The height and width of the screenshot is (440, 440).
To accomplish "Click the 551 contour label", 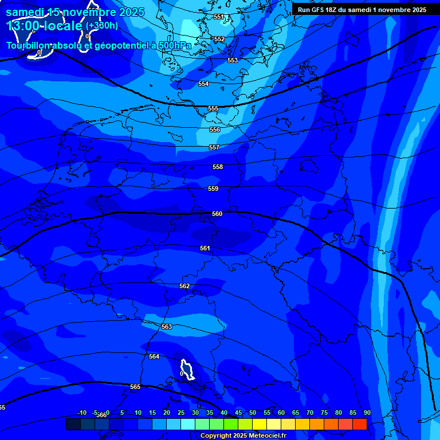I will pyautogui.click(x=218, y=17).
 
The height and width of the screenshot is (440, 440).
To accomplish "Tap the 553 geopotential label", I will pyautogui.click(x=232, y=60).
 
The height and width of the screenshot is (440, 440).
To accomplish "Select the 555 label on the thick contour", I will pyautogui.click(x=213, y=108).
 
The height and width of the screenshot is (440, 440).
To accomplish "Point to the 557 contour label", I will pyautogui.click(x=214, y=148).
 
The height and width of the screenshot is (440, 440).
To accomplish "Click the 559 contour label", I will pyautogui.click(x=213, y=188).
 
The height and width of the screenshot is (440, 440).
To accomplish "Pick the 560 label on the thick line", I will pyautogui.click(x=217, y=214).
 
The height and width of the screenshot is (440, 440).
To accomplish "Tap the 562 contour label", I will pyautogui.click(x=184, y=286).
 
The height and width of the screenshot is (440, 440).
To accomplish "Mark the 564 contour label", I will pyautogui.click(x=154, y=356).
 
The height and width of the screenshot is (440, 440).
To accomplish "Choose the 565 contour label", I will pyautogui.click(x=135, y=387).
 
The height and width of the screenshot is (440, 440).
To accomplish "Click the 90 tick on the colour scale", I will pyautogui.click(x=367, y=412).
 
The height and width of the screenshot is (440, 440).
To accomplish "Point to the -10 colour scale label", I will pyautogui.click(x=81, y=412).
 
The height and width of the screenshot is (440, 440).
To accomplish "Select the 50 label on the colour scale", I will pyautogui.click(x=253, y=412).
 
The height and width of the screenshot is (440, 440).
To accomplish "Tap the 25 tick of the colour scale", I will pyautogui.click(x=181, y=412).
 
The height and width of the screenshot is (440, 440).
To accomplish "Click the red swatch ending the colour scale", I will pyautogui.click(x=359, y=424).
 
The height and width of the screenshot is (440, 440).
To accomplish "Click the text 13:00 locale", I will pyautogui.click(x=44, y=26).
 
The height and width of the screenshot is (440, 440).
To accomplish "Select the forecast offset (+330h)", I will pyautogui.click(x=102, y=25).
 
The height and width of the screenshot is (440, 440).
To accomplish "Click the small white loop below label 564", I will pyautogui.click(x=187, y=369).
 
